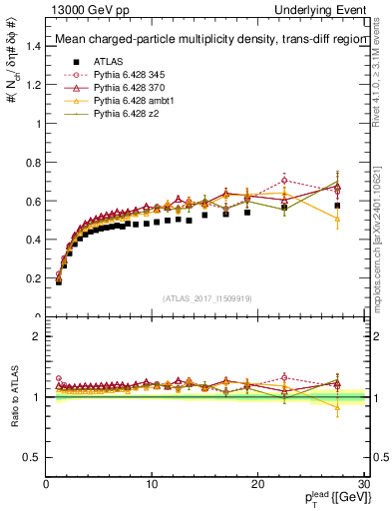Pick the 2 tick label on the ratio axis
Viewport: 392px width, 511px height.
coord(36,336)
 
